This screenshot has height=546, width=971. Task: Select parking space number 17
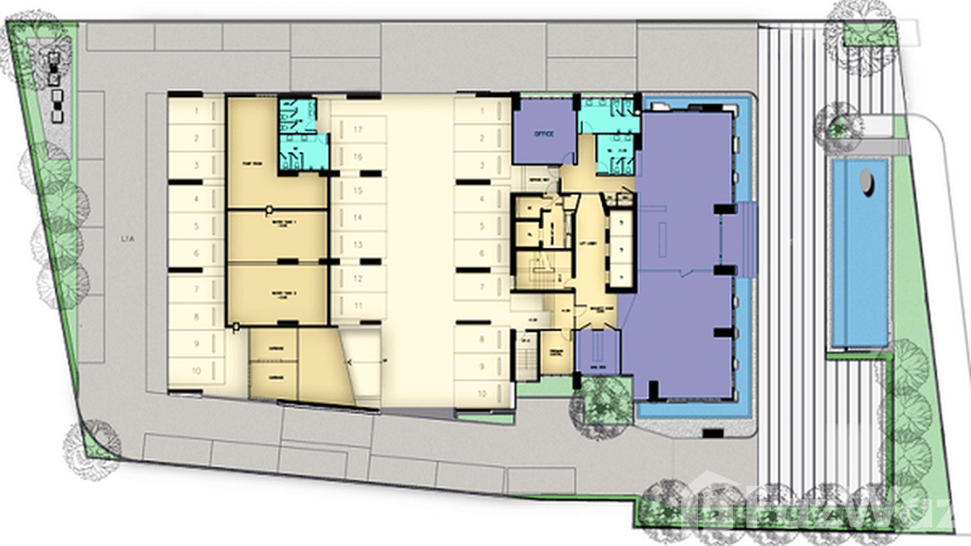click(x=357, y=129)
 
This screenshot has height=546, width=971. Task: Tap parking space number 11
click(x=357, y=306)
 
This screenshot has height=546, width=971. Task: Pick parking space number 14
click(x=357, y=217)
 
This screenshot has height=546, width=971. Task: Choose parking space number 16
click(x=357, y=156)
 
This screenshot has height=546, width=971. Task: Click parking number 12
click(x=357, y=278)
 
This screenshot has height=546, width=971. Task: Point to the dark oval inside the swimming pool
click(x=867, y=182)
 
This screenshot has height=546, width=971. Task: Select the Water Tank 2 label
click(x=279, y=293)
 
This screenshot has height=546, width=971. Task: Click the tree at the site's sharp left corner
click(x=90, y=443)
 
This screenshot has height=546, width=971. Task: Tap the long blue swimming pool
click(x=860, y=253)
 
